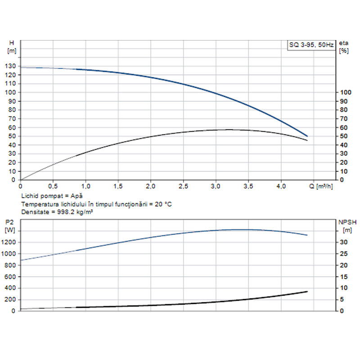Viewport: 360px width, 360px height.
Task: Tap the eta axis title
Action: pyautogui.click(x=344, y=43)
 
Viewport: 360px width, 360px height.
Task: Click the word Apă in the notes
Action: pyautogui.click(x=77, y=197)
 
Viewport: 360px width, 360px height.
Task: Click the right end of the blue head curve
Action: pyautogui.click(x=307, y=136)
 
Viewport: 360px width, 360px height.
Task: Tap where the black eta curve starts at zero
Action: pyautogui.click(x=21, y=180)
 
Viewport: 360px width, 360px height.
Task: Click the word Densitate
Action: pyautogui.click(x=35, y=211)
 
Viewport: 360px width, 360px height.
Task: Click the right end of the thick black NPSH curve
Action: pyautogui.click(x=307, y=292)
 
